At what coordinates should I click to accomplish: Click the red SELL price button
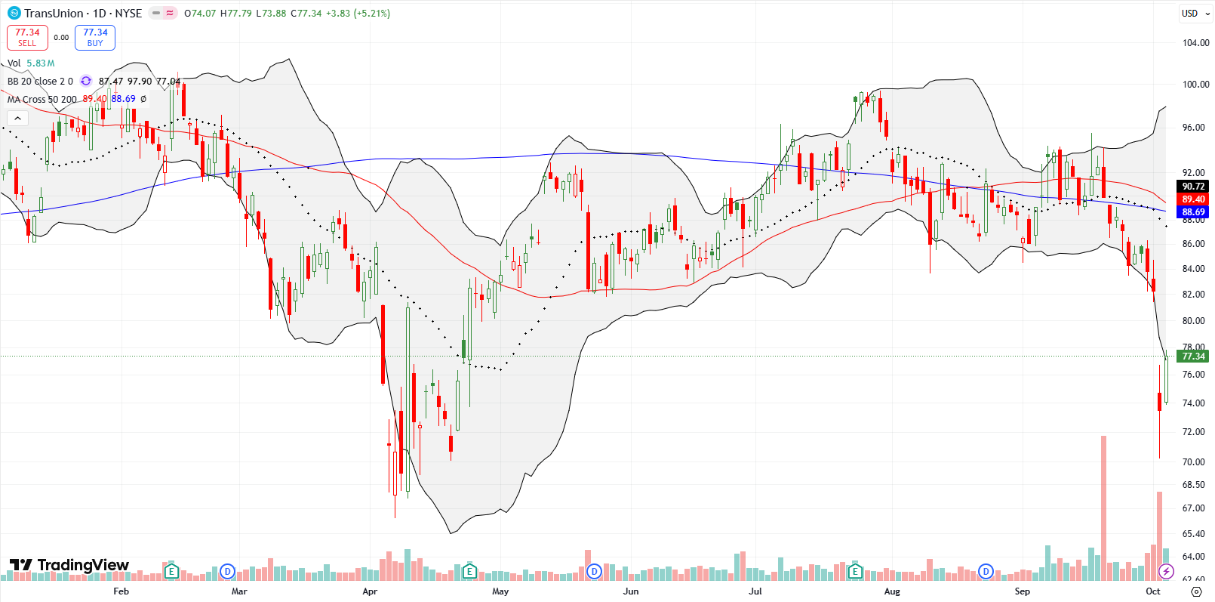coord(27,37)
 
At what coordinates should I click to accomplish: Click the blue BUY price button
coord(95,37)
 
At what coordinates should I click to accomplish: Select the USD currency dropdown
coord(1195,13)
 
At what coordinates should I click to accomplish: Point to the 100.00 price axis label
coord(1195,85)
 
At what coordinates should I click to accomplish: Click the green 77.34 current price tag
coord(1193,357)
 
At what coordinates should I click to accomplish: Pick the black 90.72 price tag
coord(1193,187)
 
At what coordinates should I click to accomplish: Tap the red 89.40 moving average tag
coord(1193,199)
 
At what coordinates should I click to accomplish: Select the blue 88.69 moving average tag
coord(1193,212)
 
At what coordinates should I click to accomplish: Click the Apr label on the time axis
coord(370,591)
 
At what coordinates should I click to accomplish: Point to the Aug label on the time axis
coord(892,591)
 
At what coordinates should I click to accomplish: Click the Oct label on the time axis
coord(1152,591)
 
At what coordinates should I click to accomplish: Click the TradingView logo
coord(69,565)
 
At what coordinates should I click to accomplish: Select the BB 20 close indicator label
coord(40,82)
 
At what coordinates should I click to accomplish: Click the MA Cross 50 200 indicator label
coord(42,99)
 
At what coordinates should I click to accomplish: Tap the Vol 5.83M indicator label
coord(31,63)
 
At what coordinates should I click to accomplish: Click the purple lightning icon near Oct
coord(1166,571)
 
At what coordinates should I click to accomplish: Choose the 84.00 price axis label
coord(1193,269)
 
